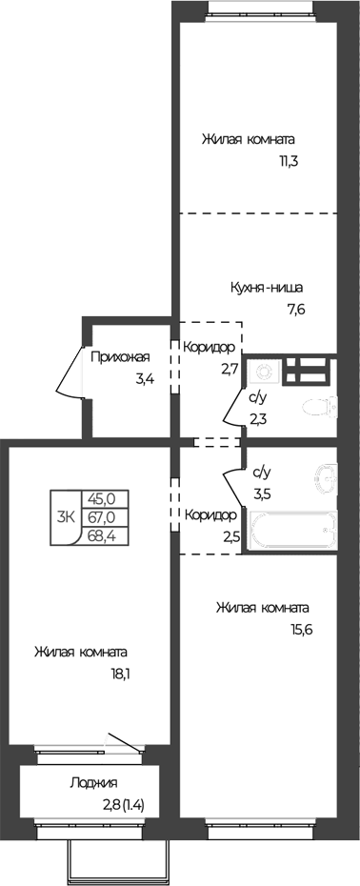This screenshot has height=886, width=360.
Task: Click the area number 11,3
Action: [x=287, y=161]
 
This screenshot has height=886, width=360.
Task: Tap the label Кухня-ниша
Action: [x=267, y=288]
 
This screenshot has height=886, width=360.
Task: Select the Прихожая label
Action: [x=120, y=356]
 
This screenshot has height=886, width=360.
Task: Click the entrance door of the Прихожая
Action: [x=70, y=371]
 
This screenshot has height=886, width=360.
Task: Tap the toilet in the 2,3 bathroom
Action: [x=320, y=406]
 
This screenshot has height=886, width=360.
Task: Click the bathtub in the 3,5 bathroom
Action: [x=293, y=531]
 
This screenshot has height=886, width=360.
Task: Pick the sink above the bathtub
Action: [x=325, y=475]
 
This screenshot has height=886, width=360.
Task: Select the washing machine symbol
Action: [x=265, y=372]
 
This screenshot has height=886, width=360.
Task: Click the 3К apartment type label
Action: [x=66, y=516]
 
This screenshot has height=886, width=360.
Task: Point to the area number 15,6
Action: [x=301, y=630]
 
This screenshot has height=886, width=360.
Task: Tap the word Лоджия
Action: [x=94, y=784]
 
